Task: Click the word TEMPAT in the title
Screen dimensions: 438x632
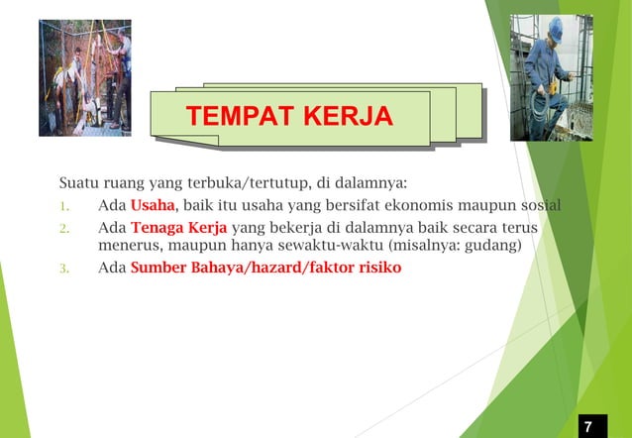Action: point(235,118)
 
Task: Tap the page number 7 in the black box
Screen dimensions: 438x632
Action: point(588,426)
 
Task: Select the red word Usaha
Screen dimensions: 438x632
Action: point(152,205)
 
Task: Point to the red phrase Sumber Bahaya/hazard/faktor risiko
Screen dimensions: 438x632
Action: point(265,267)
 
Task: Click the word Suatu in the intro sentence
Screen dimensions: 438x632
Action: point(79,182)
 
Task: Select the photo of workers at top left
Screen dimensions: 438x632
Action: point(84,77)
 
